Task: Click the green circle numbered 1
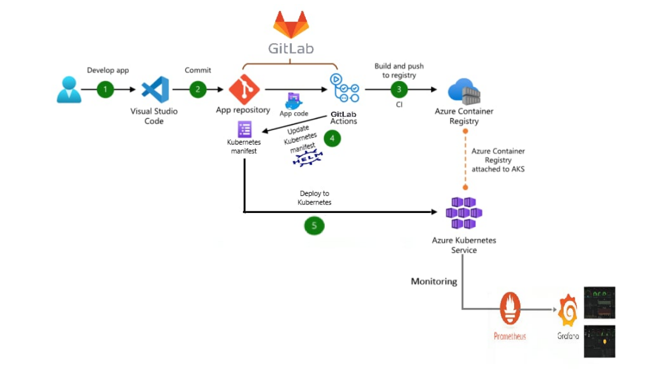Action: coord(105,89)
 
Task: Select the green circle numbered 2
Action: coord(198,89)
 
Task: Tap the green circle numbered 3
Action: coord(398,89)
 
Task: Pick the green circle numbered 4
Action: coord(332,138)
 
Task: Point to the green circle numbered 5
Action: coord(314,226)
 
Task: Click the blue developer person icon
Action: coord(69,90)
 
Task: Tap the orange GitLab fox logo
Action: coord(291,24)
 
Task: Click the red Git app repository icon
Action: coord(244,89)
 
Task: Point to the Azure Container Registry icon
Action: coord(464,91)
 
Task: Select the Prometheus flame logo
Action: coord(510,309)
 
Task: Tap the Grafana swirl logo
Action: coord(568,310)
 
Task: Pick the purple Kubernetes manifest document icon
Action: coord(245,130)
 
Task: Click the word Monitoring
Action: coord(434,282)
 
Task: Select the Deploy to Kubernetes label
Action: coord(314,198)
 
